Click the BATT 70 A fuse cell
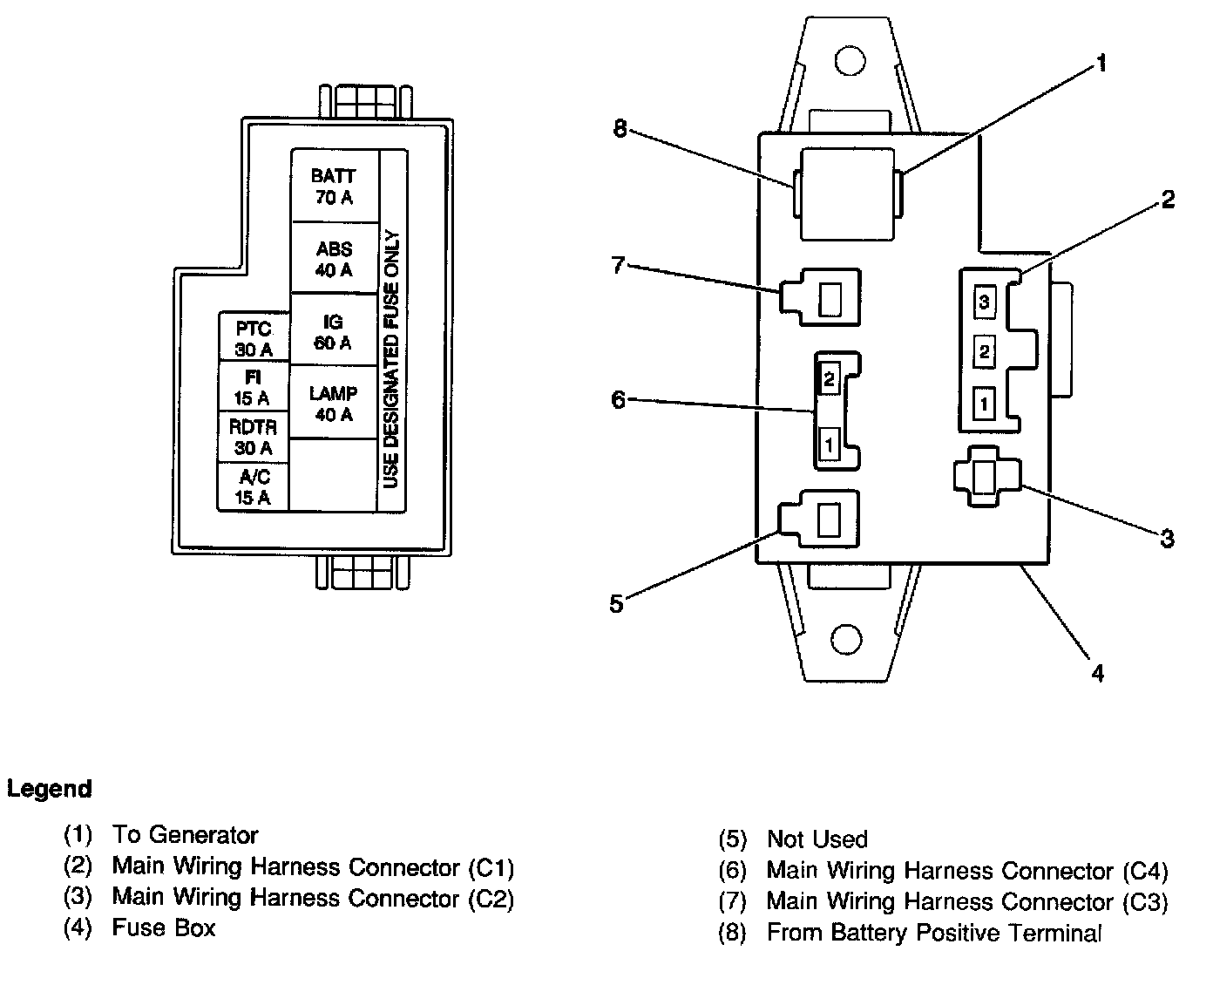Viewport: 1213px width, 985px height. point(335,186)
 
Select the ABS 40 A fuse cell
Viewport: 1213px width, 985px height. point(335,259)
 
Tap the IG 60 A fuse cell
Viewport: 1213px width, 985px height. point(333,332)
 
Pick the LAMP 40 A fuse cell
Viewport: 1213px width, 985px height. point(333,404)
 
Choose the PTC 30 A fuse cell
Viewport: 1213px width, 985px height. point(253,339)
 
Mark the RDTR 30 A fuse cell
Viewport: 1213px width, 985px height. point(253,437)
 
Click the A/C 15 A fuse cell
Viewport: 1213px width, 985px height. point(253,487)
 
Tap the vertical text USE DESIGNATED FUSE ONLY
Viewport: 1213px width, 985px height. point(392,358)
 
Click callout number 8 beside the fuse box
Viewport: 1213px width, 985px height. point(620,129)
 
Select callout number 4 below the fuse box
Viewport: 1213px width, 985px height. point(1098,672)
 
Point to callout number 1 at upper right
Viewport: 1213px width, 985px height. point(1101,64)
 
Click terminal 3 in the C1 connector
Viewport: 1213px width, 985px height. point(984,302)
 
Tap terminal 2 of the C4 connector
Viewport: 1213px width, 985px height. point(829,379)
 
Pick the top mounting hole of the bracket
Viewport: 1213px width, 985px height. point(847,60)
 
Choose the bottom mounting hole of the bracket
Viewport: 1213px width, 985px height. point(846,639)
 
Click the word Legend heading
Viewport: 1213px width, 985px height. point(49,790)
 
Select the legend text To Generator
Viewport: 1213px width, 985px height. point(185,835)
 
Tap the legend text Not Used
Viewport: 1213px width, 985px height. point(817,839)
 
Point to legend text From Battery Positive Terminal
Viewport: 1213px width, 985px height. point(933,933)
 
